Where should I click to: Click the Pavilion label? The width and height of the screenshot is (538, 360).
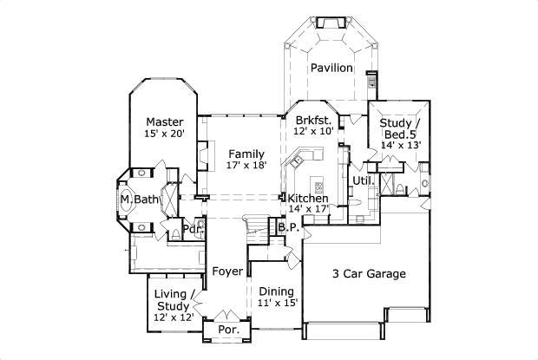click(332, 68)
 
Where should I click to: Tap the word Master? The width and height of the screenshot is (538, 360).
click(164, 121)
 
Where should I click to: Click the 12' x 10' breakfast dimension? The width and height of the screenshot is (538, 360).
click(313, 132)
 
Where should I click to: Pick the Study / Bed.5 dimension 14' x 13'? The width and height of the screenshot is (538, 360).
click(400, 145)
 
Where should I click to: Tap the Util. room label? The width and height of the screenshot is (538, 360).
click(363, 180)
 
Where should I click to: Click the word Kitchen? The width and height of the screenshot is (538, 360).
click(308, 198)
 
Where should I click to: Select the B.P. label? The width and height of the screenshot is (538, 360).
click(287, 227)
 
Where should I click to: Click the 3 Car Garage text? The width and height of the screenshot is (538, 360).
click(369, 274)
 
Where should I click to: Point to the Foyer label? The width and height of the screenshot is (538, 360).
click(227, 272)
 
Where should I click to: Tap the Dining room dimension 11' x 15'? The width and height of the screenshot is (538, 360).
click(278, 303)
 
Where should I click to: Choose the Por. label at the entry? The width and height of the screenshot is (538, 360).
click(226, 331)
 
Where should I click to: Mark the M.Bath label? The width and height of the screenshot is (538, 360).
click(141, 200)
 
